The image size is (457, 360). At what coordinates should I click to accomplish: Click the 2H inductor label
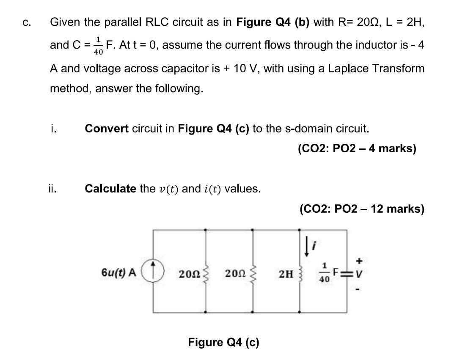pyautogui.click(x=286, y=274)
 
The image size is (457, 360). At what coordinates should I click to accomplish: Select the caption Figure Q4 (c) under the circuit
pyautogui.click(x=223, y=342)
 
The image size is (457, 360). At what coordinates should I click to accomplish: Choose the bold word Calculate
pyautogui.click(x=110, y=188)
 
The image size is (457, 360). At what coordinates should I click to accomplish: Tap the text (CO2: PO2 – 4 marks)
pyautogui.click(x=357, y=148)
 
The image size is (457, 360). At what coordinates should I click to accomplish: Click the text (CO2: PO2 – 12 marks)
pyautogui.click(x=362, y=209)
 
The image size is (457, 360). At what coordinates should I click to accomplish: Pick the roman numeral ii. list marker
pyautogui.click(x=53, y=188)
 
